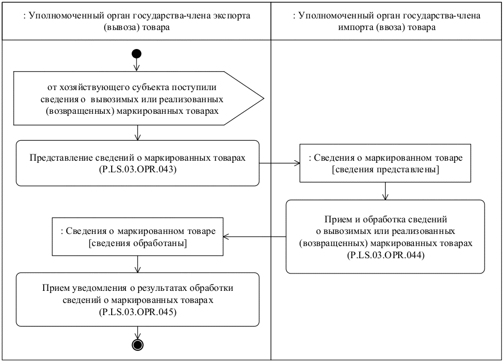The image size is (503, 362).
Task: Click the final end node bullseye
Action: point(137,345)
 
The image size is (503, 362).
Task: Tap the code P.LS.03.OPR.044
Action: point(384,256)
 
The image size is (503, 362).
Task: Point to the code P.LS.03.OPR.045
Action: point(137,311)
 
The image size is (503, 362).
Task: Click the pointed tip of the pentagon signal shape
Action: point(262,99)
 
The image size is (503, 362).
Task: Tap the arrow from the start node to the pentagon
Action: point(137,64)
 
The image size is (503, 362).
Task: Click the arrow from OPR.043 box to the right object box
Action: point(280,163)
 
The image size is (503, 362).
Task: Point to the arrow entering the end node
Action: point(137,333)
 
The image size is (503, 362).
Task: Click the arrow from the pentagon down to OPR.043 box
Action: point(137,133)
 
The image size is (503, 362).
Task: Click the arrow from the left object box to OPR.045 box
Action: point(137,263)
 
